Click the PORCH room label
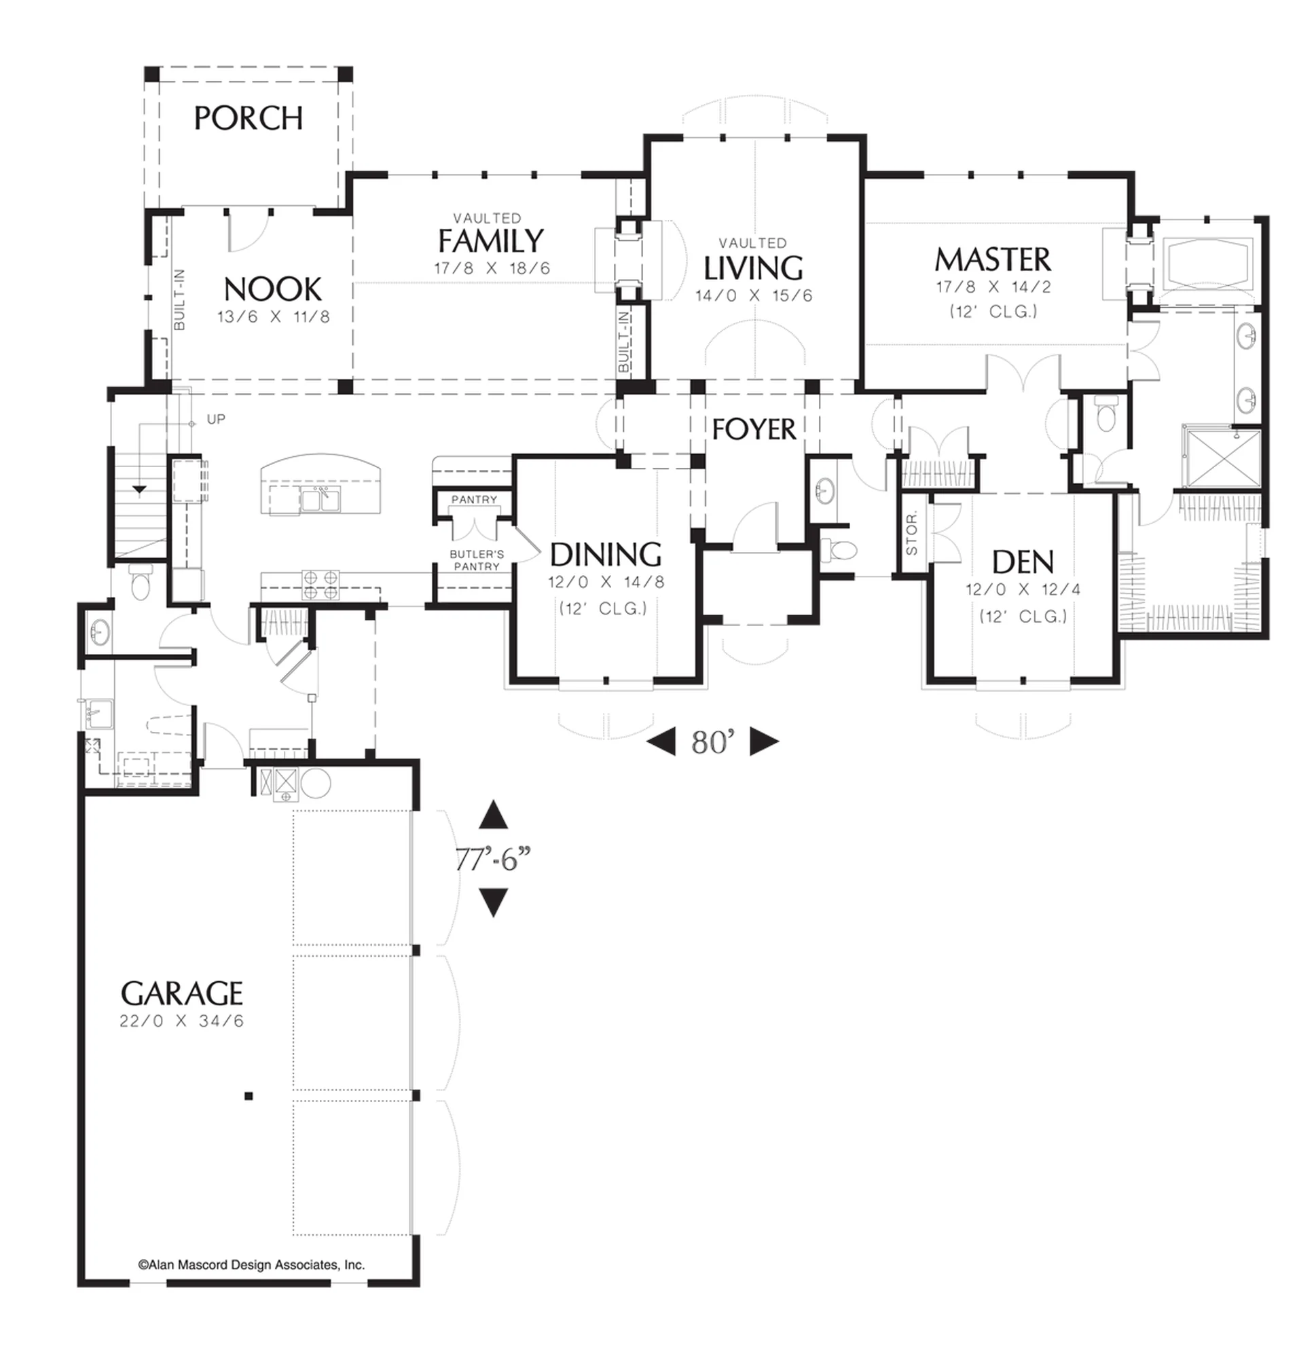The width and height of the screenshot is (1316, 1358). [248, 118]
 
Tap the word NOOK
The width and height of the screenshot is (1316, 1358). [273, 289]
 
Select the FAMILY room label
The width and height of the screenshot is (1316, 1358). [491, 241]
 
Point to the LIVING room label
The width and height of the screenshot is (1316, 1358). [753, 268]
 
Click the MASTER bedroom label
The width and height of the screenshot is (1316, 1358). [993, 260]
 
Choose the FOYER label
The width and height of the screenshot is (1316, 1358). [754, 430]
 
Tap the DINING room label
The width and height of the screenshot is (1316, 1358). [606, 554]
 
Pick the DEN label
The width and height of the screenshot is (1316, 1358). [1023, 562]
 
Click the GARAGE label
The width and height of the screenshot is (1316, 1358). [181, 993]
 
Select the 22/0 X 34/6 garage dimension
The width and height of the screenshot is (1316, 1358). [181, 1021]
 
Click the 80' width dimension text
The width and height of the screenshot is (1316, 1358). [712, 742]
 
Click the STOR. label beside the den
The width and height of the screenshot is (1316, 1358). [912, 533]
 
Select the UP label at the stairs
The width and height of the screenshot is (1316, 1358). [216, 419]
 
